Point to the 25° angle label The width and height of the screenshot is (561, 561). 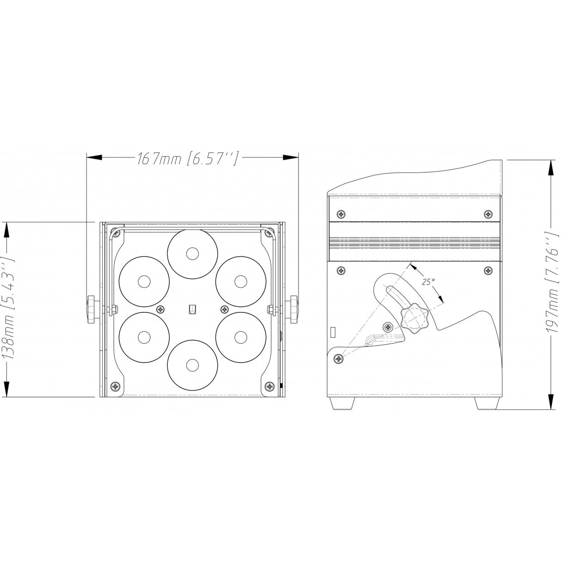coord(428,280)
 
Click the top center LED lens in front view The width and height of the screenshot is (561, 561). coord(192,253)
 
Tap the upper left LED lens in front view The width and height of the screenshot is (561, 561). coord(144,281)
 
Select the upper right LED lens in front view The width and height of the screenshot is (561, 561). coord(241,281)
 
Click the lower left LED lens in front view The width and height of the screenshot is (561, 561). coord(144,337)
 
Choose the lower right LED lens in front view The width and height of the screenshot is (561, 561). coord(241,337)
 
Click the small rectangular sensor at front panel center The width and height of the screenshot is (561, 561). coord(192,310)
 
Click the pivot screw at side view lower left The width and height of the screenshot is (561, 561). coord(340,358)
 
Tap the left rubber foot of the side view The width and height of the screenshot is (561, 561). coord(342,403)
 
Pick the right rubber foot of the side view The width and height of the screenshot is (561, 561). coord(487,403)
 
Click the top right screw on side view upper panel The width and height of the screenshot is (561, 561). coord(488,213)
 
